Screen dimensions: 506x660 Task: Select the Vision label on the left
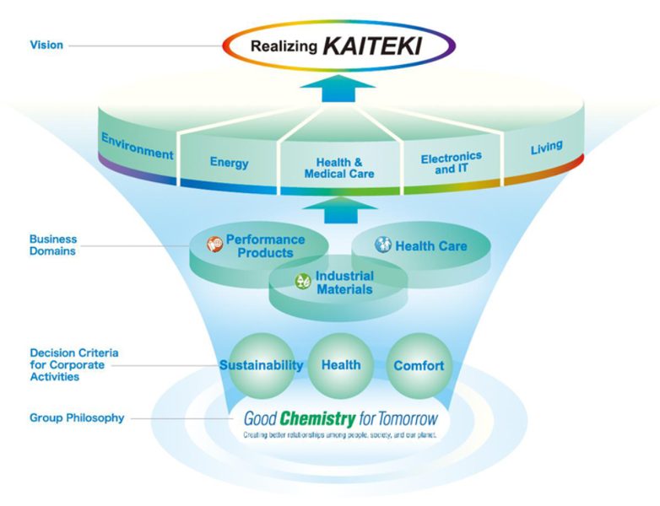[x=46, y=45]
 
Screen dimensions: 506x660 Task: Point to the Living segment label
[x=546, y=148]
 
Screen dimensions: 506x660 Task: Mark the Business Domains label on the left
[x=53, y=245]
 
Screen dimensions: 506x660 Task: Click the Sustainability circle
[x=261, y=365]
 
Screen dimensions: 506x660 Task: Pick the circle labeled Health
[x=341, y=365]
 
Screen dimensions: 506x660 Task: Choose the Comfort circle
[x=419, y=365]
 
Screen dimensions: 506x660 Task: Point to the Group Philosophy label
[x=77, y=417]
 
